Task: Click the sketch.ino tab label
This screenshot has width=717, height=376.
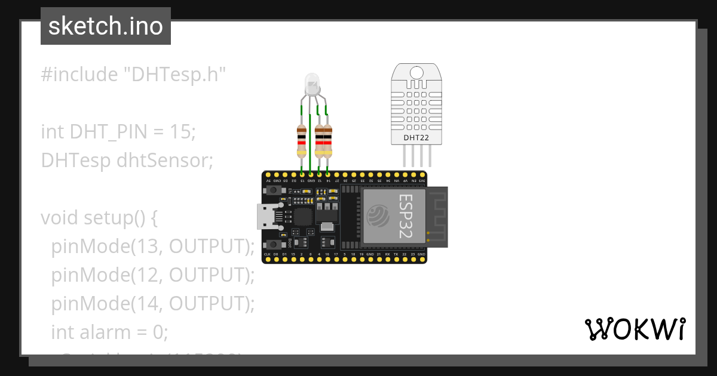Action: pos(106,26)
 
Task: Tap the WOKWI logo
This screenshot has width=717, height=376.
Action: pos(635,329)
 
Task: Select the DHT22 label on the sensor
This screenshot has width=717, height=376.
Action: pos(416,138)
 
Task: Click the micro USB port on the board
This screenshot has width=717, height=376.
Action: pos(267,216)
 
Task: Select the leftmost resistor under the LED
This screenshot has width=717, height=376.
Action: pos(302,141)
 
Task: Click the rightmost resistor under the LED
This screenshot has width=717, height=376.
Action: pos(327,141)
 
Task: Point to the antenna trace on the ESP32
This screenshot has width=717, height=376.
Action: pos(437,216)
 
